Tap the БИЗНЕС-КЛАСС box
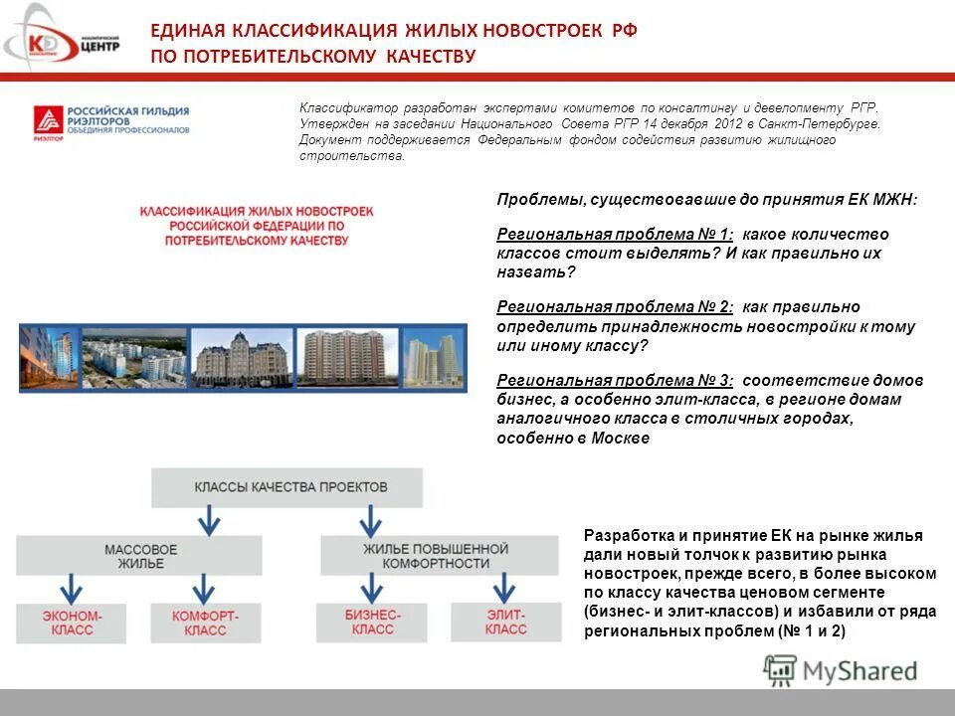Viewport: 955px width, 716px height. tap(372, 622)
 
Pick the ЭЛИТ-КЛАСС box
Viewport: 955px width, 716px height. tap(505, 622)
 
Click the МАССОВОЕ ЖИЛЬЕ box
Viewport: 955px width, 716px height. tap(139, 556)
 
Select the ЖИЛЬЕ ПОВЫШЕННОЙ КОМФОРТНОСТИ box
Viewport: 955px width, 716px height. tap(435, 556)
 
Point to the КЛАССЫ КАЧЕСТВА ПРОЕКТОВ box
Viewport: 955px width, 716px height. tap(286, 487)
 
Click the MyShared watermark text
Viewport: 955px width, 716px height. tap(861, 671)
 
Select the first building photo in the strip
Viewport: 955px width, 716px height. tap(47, 357)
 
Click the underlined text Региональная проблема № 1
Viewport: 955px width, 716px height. tap(615, 234)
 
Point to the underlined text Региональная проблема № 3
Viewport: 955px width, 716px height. tap(615, 380)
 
